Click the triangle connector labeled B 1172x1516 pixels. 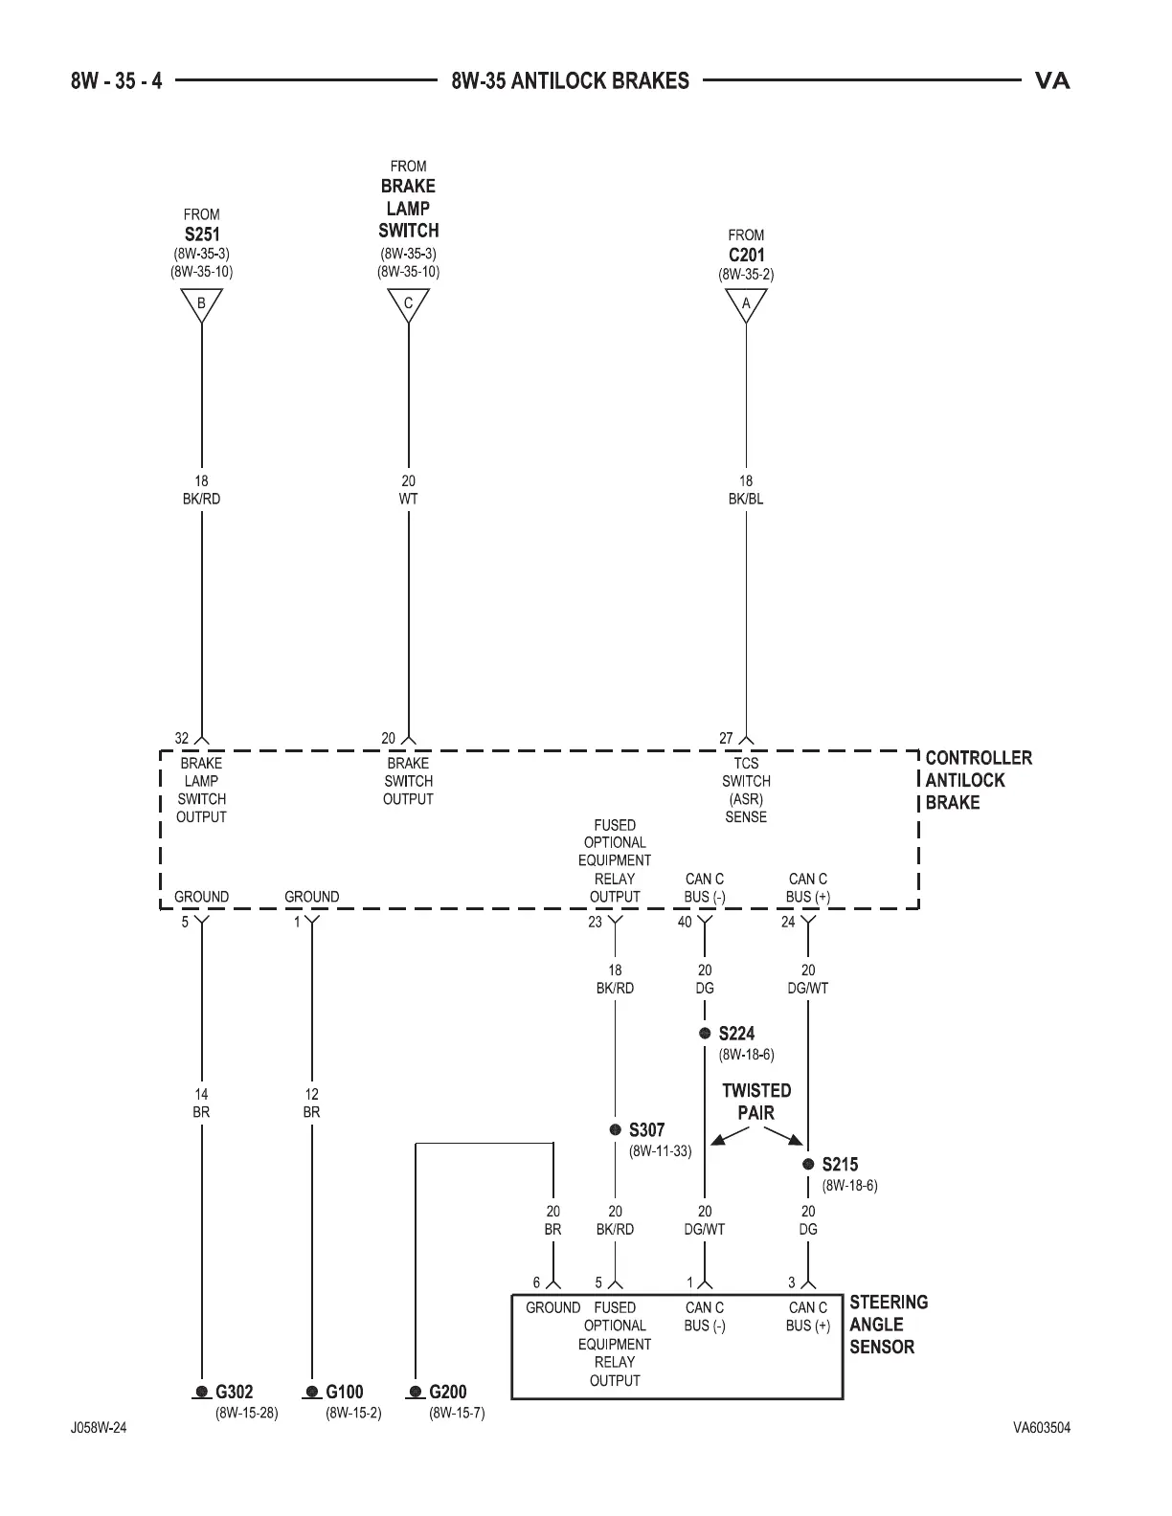[x=201, y=305]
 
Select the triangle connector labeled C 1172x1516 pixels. [x=408, y=305]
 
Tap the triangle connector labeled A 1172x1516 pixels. [x=746, y=305]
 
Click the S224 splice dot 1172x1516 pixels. [x=705, y=1034]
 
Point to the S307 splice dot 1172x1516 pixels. [x=616, y=1130]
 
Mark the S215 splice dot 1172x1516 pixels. [x=808, y=1165]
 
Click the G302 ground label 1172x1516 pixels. [x=234, y=1393]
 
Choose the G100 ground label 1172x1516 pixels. [x=344, y=1393]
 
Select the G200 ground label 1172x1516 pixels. [x=447, y=1393]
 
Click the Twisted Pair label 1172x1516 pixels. [x=756, y=1102]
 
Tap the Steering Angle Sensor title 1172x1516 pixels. [x=888, y=1325]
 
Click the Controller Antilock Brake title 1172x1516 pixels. [x=978, y=780]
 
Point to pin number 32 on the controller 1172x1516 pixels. [x=182, y=739]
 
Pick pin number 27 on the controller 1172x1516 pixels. [x=726, y=739]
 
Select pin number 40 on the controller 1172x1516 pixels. [x=685, y=923]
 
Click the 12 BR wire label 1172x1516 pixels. [x=311, y=1104]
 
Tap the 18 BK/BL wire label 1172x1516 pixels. [x=746, y=490]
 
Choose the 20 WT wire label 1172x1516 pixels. [x=408, y=490]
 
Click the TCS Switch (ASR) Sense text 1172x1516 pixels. [x=746, y=790]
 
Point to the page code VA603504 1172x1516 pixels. [x=1042, y=1428]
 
